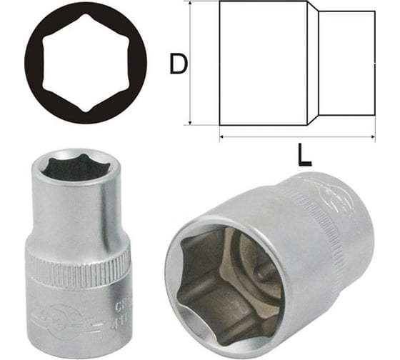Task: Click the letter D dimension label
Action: [x=179, y=66]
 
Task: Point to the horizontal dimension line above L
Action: [x=296, y=135]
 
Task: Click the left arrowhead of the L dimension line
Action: [x=222, y=135]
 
